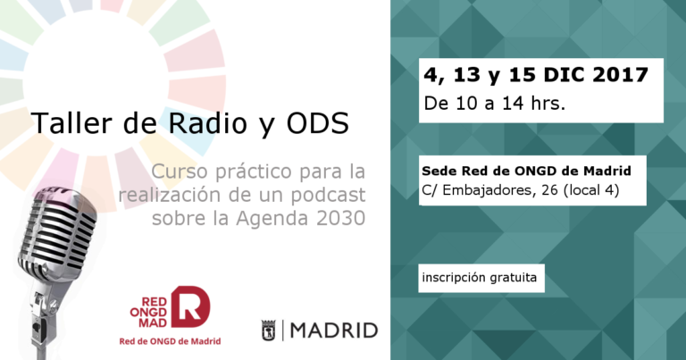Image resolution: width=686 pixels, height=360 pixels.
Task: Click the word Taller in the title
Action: [x=71, y=123]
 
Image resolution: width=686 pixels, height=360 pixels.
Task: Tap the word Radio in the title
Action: [x=208, y=123]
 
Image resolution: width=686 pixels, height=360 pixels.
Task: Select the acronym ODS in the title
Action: [x=318, y=123]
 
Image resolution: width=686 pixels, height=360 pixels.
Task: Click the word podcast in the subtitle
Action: [x=328, y=195]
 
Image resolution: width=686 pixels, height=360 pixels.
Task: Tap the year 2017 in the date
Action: [x=620, y=75]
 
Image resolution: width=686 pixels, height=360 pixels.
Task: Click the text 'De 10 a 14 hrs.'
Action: [x=494, y=104]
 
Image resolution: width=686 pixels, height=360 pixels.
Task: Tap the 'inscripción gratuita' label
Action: [x=479, y=278]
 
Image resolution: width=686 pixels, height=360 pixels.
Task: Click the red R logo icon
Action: [x=190, y=306]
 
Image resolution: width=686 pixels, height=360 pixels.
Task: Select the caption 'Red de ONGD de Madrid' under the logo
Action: [x=170, y=341]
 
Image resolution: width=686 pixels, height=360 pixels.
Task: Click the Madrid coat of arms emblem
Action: [x=268, y=331]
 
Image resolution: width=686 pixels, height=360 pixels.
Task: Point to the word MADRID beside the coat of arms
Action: [x=334, y=331]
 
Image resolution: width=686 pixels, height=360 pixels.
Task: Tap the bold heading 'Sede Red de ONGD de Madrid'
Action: [x=526, y=171]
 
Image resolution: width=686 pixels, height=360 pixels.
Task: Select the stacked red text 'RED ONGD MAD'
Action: [x=149, y=313]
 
